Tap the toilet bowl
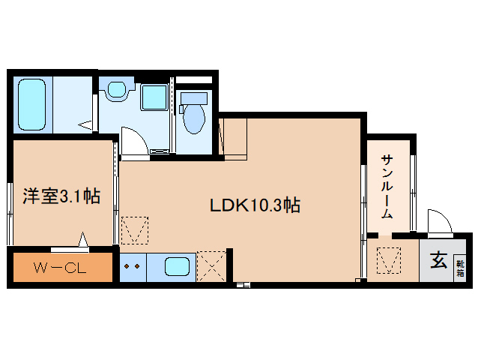tap(193, 118)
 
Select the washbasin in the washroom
tap(116, 91)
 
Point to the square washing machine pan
tap(155, 97)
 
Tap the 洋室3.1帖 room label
tap(62, 197)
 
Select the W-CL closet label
tap(61, 268)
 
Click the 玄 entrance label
tap(438, 262)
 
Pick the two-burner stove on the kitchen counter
tap(133, 266)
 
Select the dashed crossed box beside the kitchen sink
tap(211, 265)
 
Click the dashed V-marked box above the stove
tap(135, 229)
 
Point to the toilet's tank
tap(194, 98)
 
